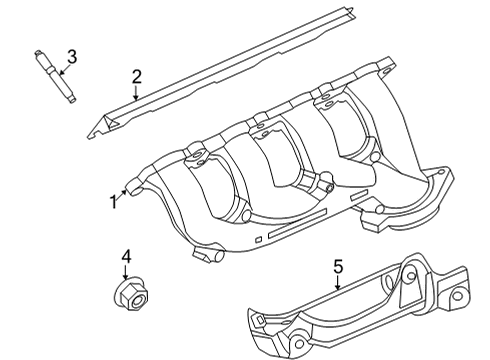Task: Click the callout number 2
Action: pos(137,75)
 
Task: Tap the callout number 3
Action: pos(72,55)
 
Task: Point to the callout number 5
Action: pos(337,266)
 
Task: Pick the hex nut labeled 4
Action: pos(126,292)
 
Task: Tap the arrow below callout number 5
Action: pos(337,284)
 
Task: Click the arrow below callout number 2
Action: pos(137,95)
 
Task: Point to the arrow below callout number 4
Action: pos(126,275)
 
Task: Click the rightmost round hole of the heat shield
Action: pos(454,297)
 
